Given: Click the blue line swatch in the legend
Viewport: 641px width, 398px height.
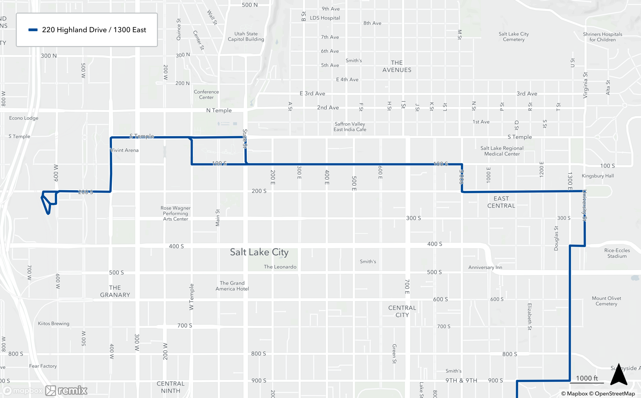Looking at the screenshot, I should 33,30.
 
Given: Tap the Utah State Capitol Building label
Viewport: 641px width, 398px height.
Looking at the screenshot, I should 246,37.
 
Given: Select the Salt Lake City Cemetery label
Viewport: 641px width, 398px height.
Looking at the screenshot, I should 513,37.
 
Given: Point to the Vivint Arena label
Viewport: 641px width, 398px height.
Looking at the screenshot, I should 124,150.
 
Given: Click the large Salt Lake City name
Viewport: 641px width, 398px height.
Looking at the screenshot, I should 259,252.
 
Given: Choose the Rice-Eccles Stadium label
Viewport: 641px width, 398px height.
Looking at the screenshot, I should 617,253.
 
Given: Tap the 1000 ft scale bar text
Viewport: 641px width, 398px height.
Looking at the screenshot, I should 587,378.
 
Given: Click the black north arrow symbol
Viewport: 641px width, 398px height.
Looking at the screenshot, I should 619,375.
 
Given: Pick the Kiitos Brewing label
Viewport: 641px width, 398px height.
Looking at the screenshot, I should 54,323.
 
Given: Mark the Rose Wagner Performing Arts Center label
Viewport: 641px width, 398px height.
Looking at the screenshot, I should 175,214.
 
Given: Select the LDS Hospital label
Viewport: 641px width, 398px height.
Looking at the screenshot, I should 325,18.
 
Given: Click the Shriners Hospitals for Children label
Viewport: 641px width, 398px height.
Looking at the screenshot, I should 602,37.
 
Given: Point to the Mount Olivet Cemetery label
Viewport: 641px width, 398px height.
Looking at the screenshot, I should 606,301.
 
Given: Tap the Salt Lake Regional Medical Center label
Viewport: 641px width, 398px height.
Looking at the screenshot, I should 502,151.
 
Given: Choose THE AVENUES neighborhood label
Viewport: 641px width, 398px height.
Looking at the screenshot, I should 396,66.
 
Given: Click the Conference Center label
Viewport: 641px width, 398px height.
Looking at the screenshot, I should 206,94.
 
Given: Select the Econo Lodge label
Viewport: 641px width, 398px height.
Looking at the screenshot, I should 24,118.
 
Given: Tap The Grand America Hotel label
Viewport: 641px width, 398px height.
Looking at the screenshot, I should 232,286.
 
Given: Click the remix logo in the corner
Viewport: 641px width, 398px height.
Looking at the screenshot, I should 67,390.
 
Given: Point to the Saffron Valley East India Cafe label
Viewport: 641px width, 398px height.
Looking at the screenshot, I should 350,127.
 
